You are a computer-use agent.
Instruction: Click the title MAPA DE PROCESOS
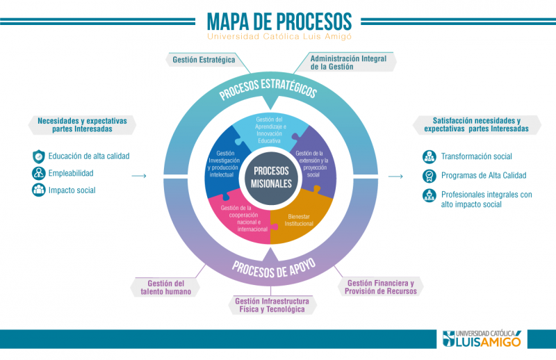pyautogui.click(x=278, y=20)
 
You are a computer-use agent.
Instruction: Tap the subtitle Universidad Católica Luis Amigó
pyautogui.click(x=278, y=37)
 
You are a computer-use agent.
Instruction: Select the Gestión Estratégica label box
pyautogui.click(x=204, y=60)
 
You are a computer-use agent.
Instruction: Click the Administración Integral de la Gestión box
pyautogui.click(x=345, y=62)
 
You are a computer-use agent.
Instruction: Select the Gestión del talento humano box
pyautogui.click(x=165, y=287)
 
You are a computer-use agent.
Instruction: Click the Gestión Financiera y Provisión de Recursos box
pyautogui.click(x=380, y=287)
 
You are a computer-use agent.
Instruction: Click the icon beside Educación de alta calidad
pyautogui.click(x=38, y=156)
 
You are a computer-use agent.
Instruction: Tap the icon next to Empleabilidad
pyautogui.click(x=38, y=173)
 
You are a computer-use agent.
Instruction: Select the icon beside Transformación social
pyautogui.click(x=430, y=157)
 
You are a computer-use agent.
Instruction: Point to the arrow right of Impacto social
pyautogui.click(x=138, y=177)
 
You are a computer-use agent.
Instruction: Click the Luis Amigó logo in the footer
pyautogui.click(x=484, y=338)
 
